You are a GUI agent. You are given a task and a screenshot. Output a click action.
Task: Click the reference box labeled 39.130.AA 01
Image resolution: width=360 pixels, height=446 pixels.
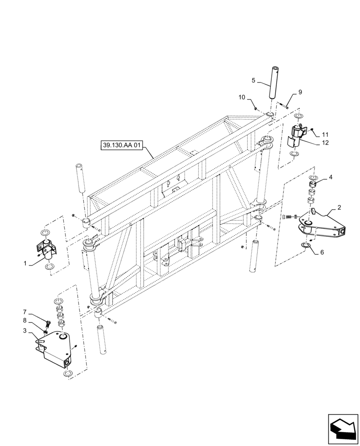tap(121, 145)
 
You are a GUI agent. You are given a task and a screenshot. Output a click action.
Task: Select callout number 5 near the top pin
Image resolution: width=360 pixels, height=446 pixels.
tap(253, 81)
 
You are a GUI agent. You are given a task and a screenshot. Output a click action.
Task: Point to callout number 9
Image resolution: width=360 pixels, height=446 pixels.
tap(300, 92)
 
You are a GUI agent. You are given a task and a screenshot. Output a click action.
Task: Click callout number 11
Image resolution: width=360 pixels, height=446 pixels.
tap(325, 133)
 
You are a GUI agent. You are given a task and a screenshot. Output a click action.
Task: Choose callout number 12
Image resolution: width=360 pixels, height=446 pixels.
tap(325, 144)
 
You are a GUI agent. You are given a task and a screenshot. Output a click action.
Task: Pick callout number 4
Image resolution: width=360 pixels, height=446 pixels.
tap(331, 178)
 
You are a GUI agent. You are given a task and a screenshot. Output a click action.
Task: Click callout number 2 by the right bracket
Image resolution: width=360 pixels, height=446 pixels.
tap(339, 208)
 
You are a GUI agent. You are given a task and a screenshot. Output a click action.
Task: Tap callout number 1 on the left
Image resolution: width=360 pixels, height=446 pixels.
tap(25, 264)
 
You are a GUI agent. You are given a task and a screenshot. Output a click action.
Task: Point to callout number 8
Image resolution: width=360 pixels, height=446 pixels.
tap(25, 320)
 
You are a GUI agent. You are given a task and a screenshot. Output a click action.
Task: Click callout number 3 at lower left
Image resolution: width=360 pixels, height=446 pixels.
tap(25, 330)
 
